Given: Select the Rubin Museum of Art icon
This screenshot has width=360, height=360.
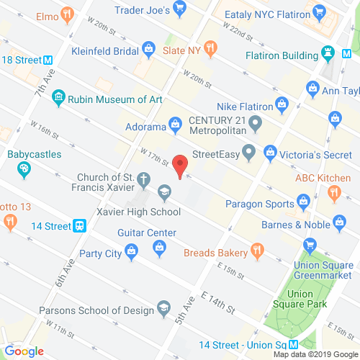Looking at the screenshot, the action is [x=59, y=100].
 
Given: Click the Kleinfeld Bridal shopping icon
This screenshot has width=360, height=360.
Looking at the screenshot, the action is [x=148, y=50].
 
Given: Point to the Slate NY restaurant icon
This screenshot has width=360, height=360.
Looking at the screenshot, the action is [x=211, y=48].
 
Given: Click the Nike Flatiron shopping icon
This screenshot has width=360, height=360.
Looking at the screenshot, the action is [x=313, y=89].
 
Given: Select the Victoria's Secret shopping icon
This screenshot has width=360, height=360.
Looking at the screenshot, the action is [x=271, y=152].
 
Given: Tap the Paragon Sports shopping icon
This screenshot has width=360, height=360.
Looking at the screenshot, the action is [x=304, y=199].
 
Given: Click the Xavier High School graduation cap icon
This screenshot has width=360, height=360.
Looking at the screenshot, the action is [x=164, y=192].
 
